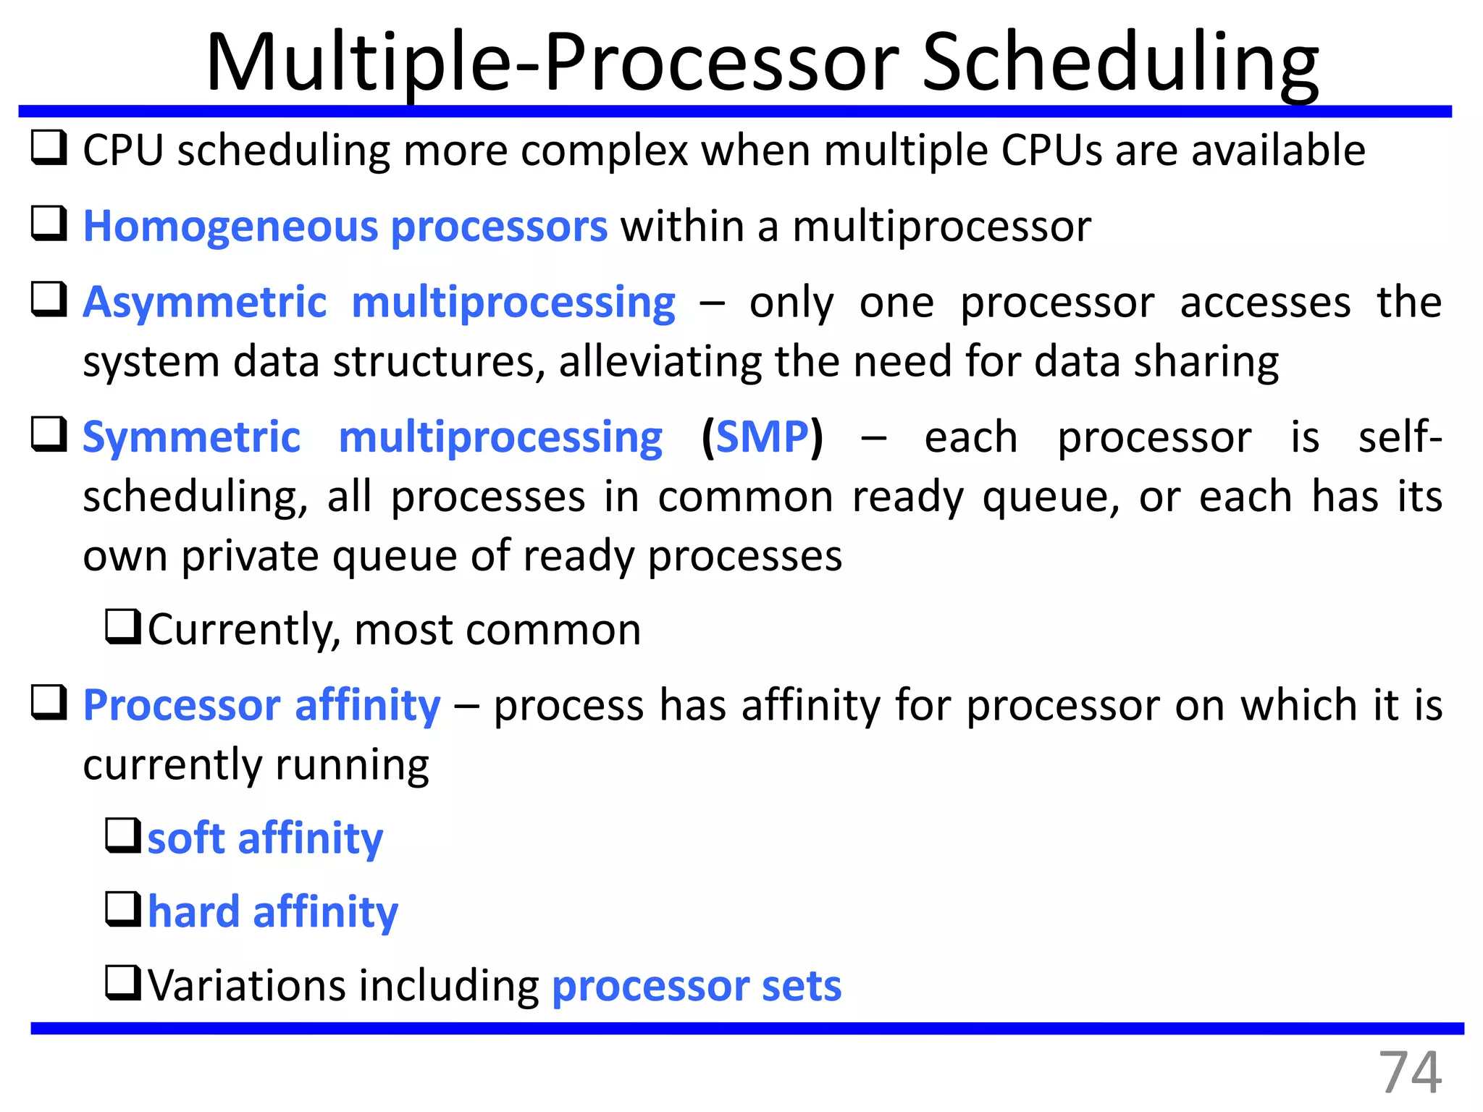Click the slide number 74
click(1409, 1073)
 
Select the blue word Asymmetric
click(205, 302)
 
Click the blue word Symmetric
click(191, 437)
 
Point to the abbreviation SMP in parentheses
click(762, 437)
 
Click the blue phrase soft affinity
click(265, 838)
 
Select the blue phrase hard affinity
click(272, 911)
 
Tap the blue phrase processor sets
click(696, 986)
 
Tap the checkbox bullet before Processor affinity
click(49, 703)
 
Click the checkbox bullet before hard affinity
click(123, 909)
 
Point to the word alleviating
click(660, 361)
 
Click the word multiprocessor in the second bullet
click(941, 227)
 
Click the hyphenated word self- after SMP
click(1399, 437)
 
